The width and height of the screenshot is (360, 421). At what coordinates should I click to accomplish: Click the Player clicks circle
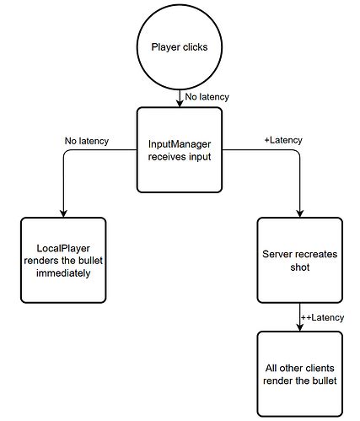pos(179,49)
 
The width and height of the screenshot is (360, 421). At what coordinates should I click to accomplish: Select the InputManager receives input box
pos(180,148)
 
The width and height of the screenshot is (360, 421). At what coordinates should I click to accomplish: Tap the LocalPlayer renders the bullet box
pos(63,262)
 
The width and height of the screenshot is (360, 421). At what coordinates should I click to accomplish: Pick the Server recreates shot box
pos(299,262)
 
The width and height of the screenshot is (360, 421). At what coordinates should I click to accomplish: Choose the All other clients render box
pos(299,373)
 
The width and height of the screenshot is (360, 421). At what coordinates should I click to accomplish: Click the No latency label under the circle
pos(207,97)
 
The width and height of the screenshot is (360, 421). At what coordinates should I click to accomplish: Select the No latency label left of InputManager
pos(86,141)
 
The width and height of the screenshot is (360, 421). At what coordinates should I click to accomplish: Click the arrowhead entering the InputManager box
pos(180,102)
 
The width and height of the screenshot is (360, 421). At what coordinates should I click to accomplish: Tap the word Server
pos(279,255)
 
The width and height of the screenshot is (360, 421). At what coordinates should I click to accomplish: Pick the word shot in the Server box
pos(299,267)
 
